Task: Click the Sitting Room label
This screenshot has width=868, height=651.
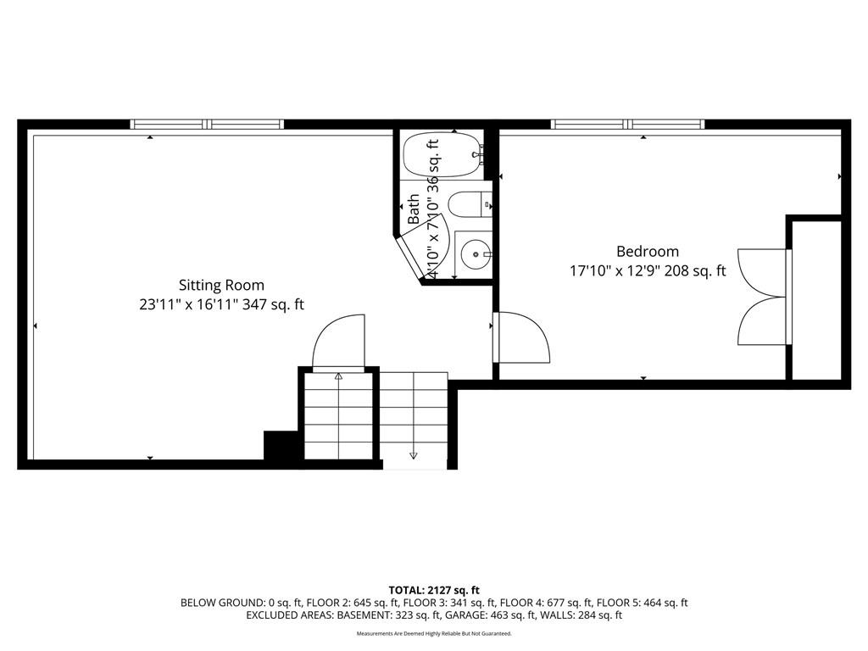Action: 221,285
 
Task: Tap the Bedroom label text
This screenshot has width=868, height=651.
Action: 648,251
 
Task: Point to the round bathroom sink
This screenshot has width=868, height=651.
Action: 475,254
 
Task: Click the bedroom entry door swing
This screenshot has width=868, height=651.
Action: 521,337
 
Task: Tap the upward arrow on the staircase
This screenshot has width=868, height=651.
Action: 339,376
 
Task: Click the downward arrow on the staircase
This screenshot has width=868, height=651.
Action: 413,455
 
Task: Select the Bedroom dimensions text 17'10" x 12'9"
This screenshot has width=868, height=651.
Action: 615,270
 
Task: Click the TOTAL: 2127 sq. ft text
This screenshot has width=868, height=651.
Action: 434,590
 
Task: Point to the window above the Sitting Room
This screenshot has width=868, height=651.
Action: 207,124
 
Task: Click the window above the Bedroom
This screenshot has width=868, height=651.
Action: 628,124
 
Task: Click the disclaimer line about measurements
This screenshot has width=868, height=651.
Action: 434,633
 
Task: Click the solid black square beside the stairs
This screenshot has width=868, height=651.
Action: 283,445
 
